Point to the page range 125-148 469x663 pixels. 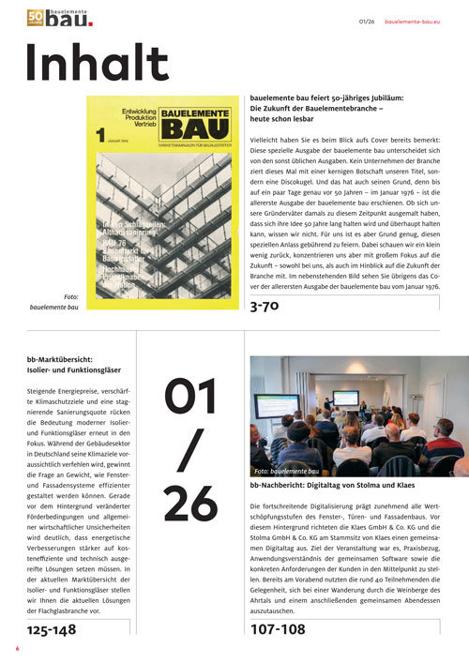(53, 630)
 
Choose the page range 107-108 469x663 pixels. (278, 630)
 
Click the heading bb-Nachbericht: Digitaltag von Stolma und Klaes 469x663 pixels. (333, 488)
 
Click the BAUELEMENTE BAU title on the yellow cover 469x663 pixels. (188, 119)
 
